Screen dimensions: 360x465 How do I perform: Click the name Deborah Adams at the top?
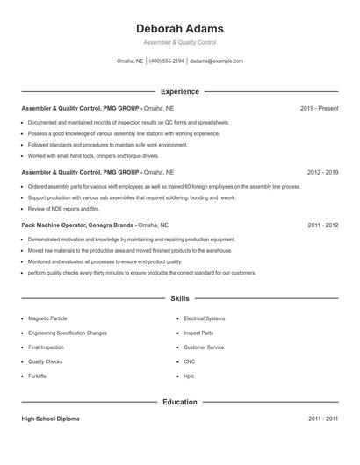[x=179, y=28]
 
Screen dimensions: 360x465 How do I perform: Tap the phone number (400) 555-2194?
[x=167, y=61]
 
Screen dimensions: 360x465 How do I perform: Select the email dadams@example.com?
[x=216, y=61]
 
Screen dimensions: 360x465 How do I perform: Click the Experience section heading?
[x=179, y=91]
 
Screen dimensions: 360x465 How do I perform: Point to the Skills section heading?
[x=179, y=299]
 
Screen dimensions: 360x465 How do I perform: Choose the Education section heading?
[x=179, y=402]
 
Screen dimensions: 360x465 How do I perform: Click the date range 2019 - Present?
[x=319, y=108]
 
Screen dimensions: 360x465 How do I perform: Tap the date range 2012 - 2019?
[x=322, y=173]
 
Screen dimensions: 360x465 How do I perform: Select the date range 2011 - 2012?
[x=322, y=225]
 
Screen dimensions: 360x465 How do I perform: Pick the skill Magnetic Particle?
[x=47, y=318]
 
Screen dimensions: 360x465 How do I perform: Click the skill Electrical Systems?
[x=204, y=318]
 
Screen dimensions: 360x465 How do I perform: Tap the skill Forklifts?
[x=37, y=376]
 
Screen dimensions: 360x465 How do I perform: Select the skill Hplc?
[x=189, y=376]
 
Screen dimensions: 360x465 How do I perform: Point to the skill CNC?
[x=189, y=361]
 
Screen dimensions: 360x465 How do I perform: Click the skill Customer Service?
[x=204, y=347]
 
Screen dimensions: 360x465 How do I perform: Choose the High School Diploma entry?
[x=50, y=419]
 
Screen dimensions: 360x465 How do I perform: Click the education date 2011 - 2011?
[x=322, y=419]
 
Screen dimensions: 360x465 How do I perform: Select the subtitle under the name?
[x=179, y=42]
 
